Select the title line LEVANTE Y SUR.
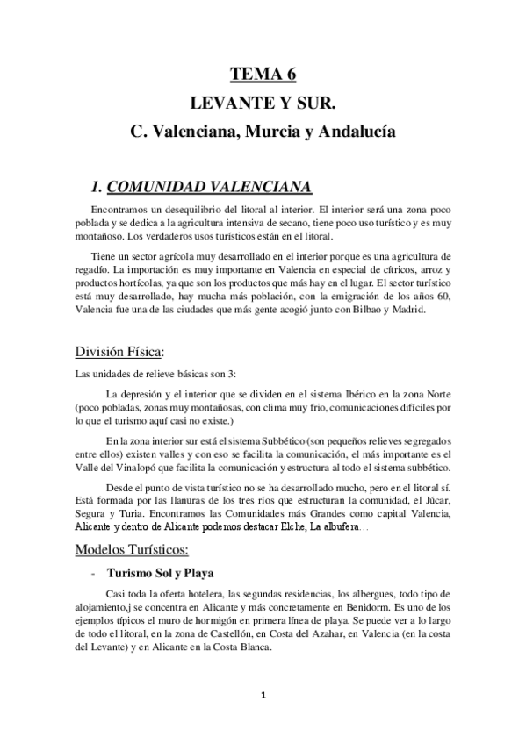[x=263, y=104]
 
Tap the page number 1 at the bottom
[x=263, y=695]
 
